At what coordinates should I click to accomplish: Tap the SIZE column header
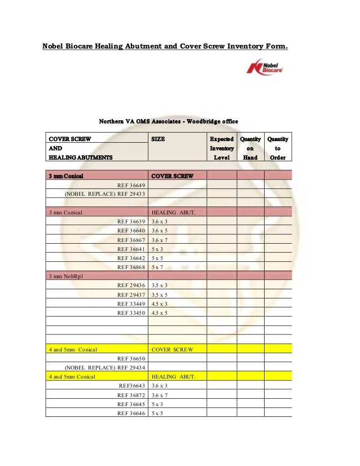[x=159, y=139]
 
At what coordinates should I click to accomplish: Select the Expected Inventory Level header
[x=221, y=148]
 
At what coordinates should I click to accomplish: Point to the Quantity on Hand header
[x=250, y=148]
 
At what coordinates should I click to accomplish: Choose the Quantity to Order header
[x=278, y=148]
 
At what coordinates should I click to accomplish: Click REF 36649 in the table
[x=131, y=185]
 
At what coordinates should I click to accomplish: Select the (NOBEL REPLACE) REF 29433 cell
[x=106, y=194]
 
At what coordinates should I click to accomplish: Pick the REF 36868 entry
[x=131, y=267]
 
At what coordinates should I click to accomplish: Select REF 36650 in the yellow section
[x=131, y=358]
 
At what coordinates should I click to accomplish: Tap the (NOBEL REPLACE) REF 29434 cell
[x=106, y=367]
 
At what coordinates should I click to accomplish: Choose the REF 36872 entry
[x=131, y=395]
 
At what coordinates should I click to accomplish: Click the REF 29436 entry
[x=131, y=285]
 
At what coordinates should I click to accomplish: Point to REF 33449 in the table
[x=131, y=304]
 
